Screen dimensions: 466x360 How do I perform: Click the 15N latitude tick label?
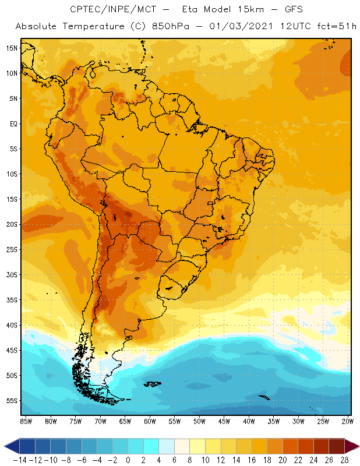click(12, 48)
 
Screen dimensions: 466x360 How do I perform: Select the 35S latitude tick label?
click(12, 300)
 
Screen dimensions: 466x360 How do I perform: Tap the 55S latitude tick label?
click(12, 401)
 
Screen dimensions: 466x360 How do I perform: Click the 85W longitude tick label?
click(26, 421)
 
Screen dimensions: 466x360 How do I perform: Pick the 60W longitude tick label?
click(150, 421)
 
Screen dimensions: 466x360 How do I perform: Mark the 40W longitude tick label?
click(249, 421)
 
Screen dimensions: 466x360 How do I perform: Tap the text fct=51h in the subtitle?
click(335, 27)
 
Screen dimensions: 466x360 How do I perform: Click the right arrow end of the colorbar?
click(353, 446)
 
